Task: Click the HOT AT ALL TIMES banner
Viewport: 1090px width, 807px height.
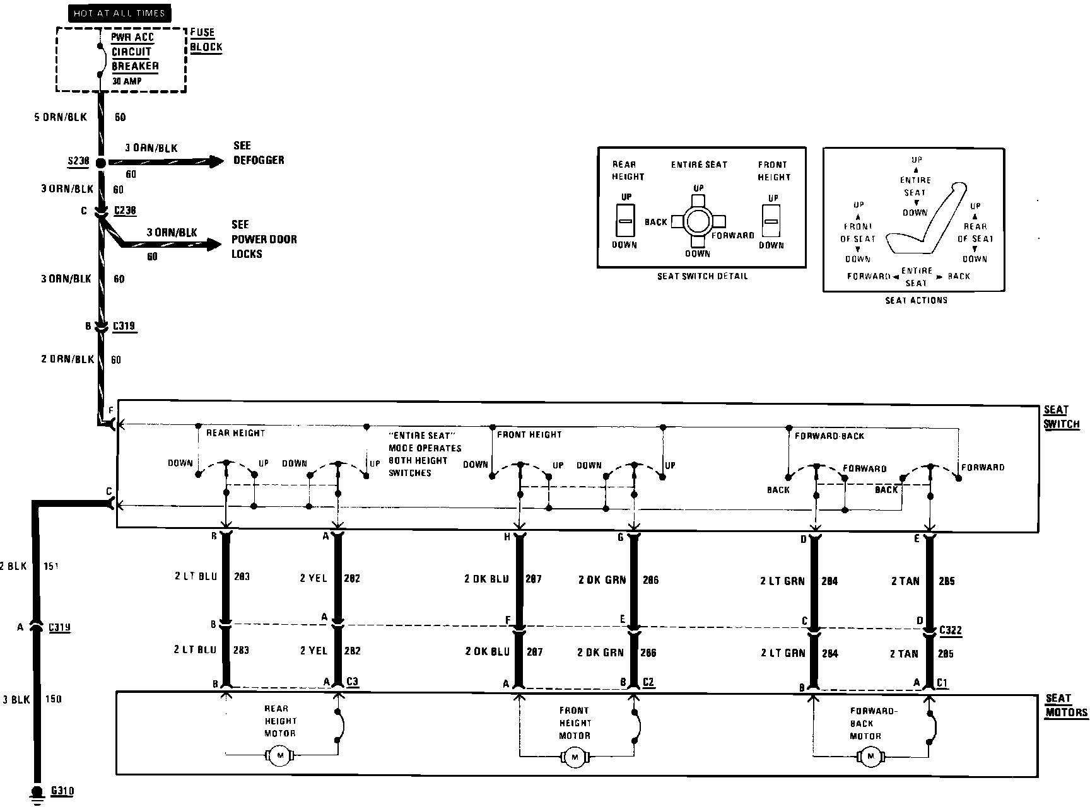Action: [x=119, y=13]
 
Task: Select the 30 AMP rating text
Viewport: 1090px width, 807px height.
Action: [x=127, y=81]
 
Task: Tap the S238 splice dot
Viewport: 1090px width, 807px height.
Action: [x=100, y=163]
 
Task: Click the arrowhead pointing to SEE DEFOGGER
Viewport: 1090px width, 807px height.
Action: [x=217, y=162]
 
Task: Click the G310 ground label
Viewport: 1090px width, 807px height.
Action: [x=62, y=790]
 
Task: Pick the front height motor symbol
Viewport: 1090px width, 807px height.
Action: [x=574, y=757]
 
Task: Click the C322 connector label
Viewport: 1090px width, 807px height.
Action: [x=950, y=630]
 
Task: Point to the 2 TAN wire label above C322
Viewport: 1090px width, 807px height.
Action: [x=905, y=581]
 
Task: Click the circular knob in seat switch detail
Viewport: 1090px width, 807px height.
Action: [x=698, y=221]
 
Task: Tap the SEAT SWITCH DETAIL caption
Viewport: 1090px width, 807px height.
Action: [x=702, y=276]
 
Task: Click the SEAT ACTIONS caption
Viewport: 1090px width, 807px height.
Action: [x=916, y=300]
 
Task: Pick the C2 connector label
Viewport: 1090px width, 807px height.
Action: [x=648, y=682]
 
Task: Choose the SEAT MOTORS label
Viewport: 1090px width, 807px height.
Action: [x=1066, y=705]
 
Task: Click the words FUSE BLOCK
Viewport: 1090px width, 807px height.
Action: [x=206, y=40]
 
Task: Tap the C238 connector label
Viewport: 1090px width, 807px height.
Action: [x=125, y=211]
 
